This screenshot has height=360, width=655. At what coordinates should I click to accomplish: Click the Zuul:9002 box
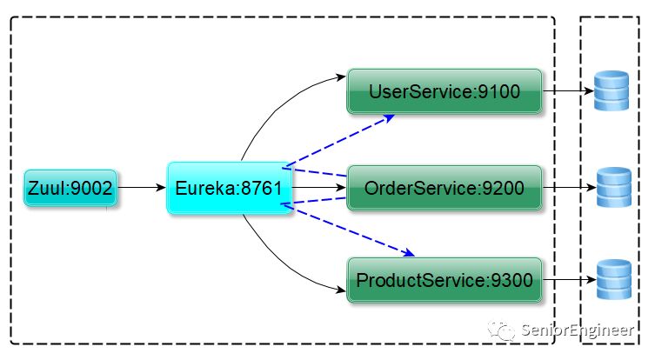coord(70,188)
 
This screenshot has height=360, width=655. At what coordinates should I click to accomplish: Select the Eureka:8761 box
coord(230,188)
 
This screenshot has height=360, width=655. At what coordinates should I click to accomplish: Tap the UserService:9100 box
coord(444,91)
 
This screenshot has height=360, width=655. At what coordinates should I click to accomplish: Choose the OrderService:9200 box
coord(444,188)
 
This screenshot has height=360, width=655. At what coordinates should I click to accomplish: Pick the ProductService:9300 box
coord(444,280)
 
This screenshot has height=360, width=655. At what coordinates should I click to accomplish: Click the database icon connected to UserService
coord(612,90)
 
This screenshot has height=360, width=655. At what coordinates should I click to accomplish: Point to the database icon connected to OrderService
coord(613,187)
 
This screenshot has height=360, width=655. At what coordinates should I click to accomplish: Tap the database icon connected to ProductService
coord(613,279)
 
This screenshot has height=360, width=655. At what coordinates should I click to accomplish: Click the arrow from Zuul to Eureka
coord(142,188)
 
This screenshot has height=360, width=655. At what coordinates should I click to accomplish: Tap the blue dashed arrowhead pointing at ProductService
coord(408,252)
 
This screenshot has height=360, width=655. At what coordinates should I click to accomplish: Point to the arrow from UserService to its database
coord(568,90)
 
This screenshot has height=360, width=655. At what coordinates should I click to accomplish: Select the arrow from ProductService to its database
coord(570,279)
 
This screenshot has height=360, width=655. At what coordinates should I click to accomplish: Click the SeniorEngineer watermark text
coord(578,330)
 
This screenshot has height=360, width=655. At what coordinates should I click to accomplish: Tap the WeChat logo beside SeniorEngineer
coord(501,331)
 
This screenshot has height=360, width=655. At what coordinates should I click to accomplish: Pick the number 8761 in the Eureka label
coord(262,189)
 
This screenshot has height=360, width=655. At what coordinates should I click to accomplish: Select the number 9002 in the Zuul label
coord(91,189)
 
